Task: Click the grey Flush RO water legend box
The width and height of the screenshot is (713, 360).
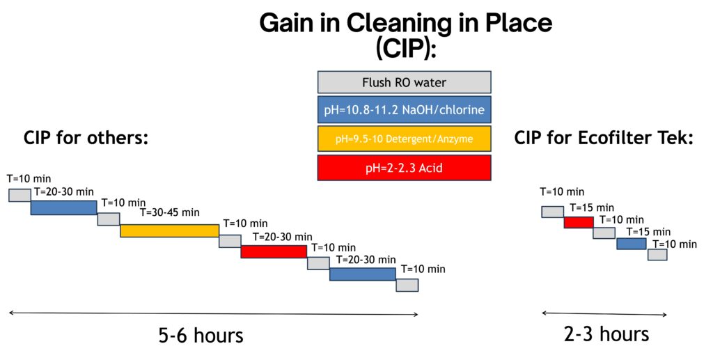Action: pyautogui.click(x=405, y=82)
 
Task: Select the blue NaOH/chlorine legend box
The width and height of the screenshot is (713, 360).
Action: pyautogui.click(x=405, y=109)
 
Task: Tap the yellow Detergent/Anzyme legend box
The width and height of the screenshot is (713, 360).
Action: pyautogui.click(x=405, y=139)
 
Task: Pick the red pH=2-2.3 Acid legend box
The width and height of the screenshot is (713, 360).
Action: pyautogui.click(x=405, y=168)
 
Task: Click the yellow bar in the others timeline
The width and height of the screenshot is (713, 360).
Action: pyautogui.click(x=170, y=230)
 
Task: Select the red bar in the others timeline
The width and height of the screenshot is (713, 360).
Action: pyautogui.click(x=274, y=251)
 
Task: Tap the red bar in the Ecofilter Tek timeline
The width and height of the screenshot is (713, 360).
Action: pyautogui.click(x=579, y=222)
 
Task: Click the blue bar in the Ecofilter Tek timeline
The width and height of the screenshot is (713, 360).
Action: pyautogui.click(x=632, y=244)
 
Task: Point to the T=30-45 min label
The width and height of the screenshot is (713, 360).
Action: pyautogui.click(x=170, y=213)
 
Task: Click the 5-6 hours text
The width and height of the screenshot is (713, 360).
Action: pyautogui.click(x=201, y=336)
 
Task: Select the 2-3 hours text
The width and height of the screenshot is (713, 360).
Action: pyautogui.click(x=606, y=334)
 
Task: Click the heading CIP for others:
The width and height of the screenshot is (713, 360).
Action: pyautogui.click(x=86, y=137)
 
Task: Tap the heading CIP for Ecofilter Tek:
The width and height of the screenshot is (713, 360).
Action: pyautogui.click(x=604, y=137)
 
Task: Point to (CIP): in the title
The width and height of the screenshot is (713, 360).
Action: pyautogui.click(x=406, y=49)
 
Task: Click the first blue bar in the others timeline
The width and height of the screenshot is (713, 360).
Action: pyautogui.click(x=63, y=208)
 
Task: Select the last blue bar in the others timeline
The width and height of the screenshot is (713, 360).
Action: pyautogui.click(x=362, y=274)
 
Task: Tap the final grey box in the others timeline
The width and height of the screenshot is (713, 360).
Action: pyautogui.click(x=407, y=285)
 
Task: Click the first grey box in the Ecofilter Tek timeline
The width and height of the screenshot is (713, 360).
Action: pyautogui.click(x=552, y=212)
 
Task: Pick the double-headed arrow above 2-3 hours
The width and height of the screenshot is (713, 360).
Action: pyautogui.click(x=604, y=313)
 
